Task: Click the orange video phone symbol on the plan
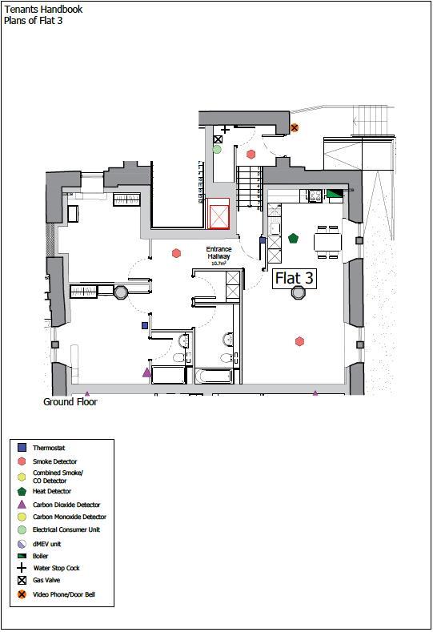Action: point(295,128)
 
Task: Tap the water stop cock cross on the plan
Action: point(225,130)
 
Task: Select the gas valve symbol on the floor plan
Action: point(218,139)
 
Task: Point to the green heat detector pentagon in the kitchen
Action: point(293,238)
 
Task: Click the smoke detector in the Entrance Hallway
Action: point(176,253)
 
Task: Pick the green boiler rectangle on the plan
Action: point(335,194)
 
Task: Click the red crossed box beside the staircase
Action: point(219,214)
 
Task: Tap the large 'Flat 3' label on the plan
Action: point(294,279)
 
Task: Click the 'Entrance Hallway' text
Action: point(219,252)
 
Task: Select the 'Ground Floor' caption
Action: point(70,402)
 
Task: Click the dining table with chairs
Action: point(328,242)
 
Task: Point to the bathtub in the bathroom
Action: point(214,376)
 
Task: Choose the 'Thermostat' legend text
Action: point(49,448)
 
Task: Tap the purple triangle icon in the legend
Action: point(22,504)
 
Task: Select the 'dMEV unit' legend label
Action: point(46,544)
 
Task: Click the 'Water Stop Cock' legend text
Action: point(56,568)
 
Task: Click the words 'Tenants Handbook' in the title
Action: point(43,10)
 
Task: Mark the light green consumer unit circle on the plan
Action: point(217,149)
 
